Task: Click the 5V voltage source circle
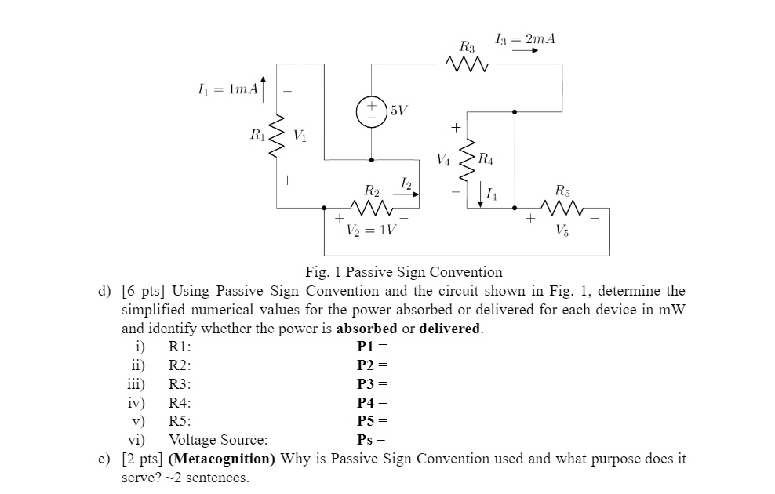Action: coord(371,111)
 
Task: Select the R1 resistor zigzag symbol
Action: coord(275,138)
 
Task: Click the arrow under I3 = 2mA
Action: coord(525,52)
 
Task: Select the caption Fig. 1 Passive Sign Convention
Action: coord(403,272)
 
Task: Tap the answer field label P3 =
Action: coord(372,384)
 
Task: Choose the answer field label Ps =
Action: coord(372,440)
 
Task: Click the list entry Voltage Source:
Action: coord(218,440)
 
